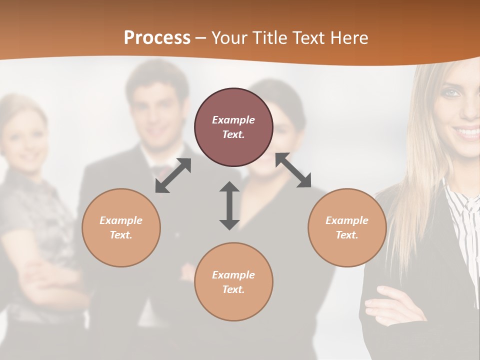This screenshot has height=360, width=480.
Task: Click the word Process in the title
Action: coord(157,38)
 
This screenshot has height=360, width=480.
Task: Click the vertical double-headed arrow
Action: coord(229,205)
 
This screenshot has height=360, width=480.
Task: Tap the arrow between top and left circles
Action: coord(173,175)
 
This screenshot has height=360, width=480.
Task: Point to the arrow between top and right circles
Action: coord(293,170)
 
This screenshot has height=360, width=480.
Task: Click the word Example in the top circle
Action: coord(233,120)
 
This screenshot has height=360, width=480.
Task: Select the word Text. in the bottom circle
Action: coord(233,289)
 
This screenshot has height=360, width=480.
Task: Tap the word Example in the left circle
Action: coord(121,220)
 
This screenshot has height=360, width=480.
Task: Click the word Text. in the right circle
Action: coord(347,235)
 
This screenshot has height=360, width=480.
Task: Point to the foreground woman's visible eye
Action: coord(451,93)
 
